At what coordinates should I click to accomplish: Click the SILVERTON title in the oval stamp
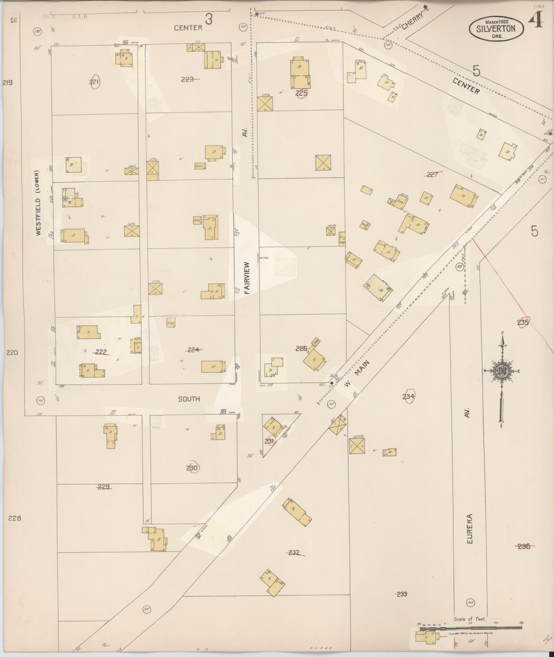496,29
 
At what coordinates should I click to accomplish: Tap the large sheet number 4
535,20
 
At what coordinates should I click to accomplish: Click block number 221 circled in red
94,82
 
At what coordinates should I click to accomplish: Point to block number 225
301,93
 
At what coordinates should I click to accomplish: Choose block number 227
432,174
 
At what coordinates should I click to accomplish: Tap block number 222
101,352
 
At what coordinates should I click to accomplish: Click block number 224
193,350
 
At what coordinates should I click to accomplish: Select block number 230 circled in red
192,467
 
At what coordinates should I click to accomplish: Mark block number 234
408,396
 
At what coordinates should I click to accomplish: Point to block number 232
294,553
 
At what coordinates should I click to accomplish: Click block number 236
524,546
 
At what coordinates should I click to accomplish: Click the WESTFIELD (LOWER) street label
38,203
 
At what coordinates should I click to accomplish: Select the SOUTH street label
189,399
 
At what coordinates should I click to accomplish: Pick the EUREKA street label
470,533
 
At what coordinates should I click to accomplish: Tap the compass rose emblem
502,371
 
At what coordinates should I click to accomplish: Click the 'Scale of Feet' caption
470,619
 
